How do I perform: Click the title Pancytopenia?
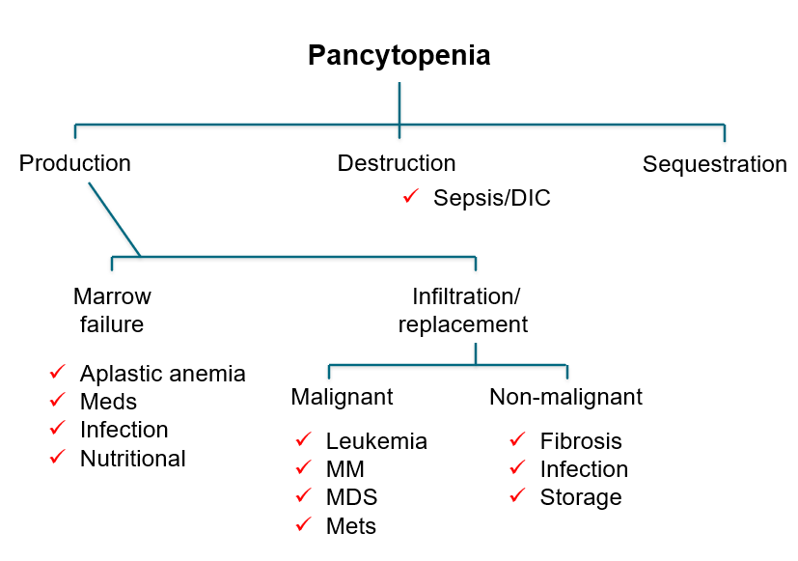coord(399,55)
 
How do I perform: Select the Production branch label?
coord(75,163)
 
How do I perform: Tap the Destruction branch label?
coord(396,163)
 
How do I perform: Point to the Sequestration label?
coord(714,164)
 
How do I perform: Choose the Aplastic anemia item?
coord(162,374)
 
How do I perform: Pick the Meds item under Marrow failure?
coord(108,402)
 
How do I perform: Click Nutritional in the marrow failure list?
coord(132,459)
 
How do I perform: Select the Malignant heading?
coord(342,397)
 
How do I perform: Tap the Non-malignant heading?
coord(565,397)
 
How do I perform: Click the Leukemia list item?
coord(376,441)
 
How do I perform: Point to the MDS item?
coord(351,498)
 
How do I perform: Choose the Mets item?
coord(351,526)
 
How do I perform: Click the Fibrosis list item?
coord(581,441)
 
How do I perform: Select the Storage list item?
coord(581,498)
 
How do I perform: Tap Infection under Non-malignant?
coord(584,469)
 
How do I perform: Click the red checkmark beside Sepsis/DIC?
coord(410,196)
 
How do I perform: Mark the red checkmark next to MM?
coord(304,468)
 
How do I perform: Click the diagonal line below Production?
coord(114,218)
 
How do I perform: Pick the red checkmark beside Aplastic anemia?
coord(58,372)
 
